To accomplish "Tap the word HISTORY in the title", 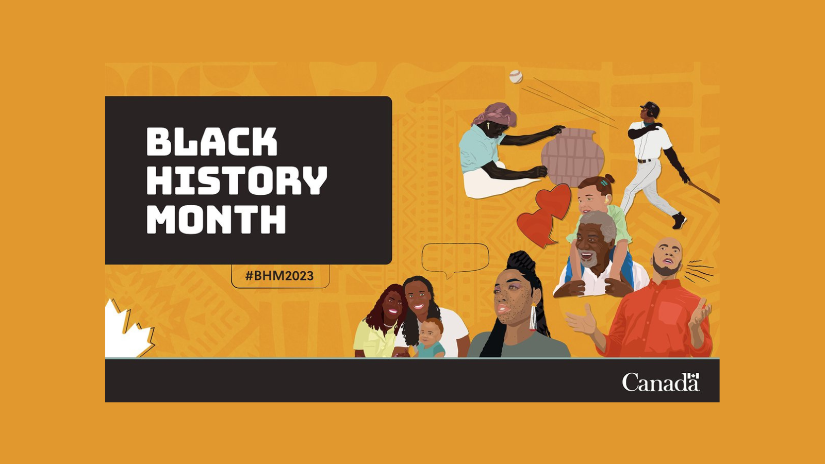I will pos(237,180).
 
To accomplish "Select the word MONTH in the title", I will pos(216,219).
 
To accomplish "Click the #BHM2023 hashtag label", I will pos(279,276).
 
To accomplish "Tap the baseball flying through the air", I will pos(516,77).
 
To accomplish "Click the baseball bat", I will pos(704,192).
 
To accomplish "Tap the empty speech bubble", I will pos(455,258).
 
